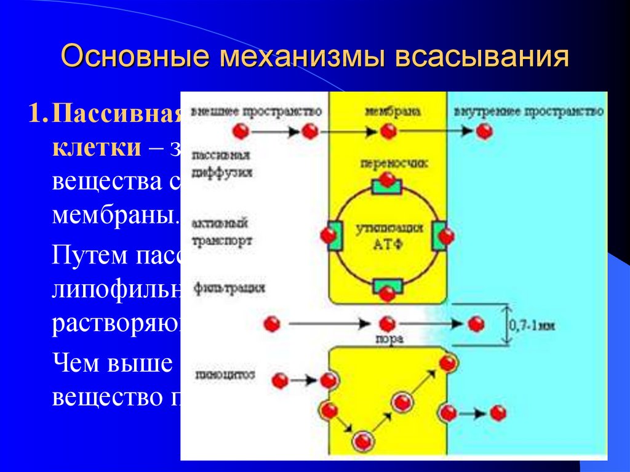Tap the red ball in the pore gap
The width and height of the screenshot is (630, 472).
387,324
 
